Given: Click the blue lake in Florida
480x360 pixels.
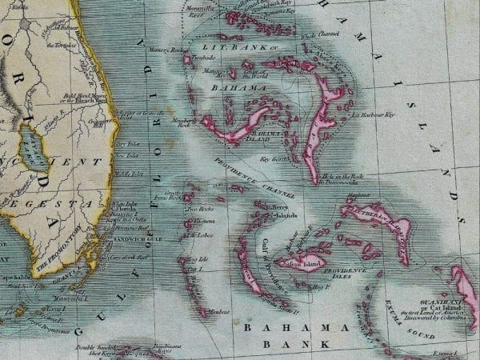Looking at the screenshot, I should point(34,149).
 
